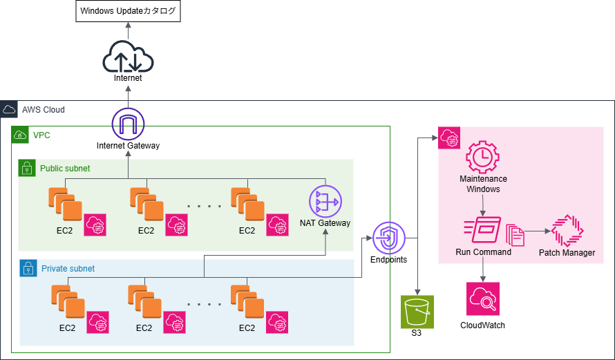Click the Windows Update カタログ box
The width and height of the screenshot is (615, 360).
[128, 12]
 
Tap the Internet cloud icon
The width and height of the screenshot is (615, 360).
[127, 56]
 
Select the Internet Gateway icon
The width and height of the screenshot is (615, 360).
[128, 124]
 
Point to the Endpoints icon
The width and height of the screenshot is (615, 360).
[388, 239]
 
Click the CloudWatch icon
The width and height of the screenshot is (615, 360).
[482, 299]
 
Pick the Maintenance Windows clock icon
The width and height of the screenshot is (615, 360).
[483, 157]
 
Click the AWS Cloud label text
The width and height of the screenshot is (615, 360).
[44, 110]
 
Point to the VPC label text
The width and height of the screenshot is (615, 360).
[41, 135]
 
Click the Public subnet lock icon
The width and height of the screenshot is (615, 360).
[27, 168]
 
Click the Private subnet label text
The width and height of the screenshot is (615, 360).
[68, 268]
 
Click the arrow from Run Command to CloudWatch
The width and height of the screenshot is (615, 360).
[483, 269]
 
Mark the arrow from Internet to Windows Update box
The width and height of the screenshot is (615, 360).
[128, 31]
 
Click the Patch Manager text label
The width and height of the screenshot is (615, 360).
[567, 253]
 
